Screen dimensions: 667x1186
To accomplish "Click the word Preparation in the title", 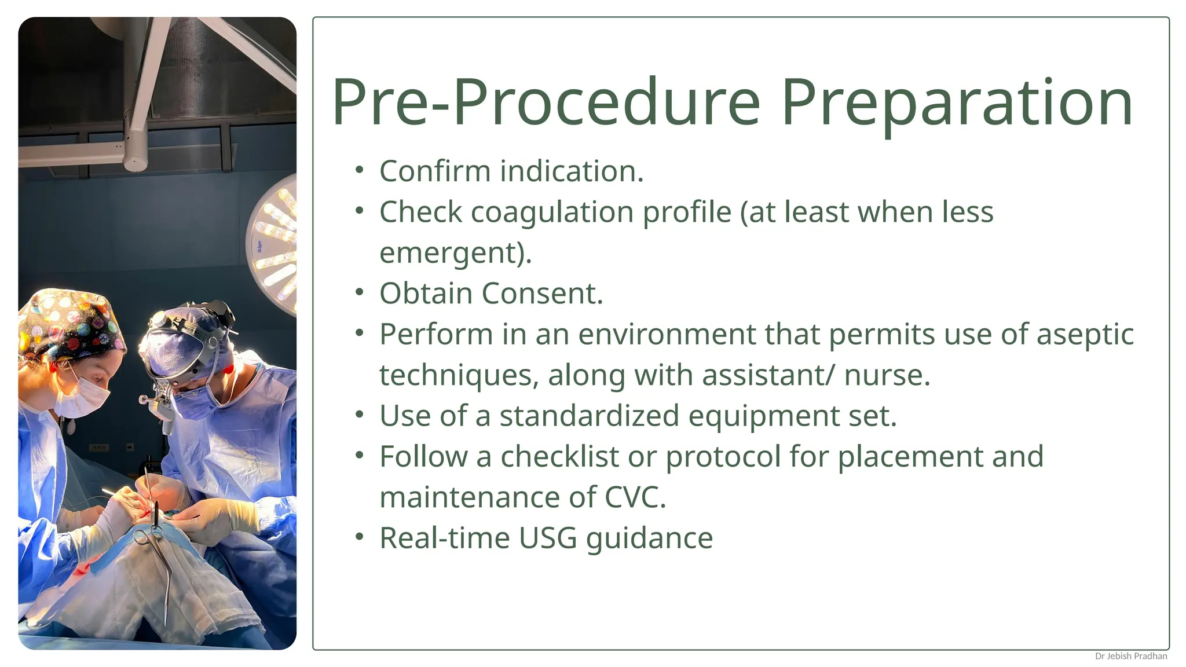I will (957, 103).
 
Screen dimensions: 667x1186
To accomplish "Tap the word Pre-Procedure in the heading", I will (546, 103).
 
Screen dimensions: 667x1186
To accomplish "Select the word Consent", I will (542, 294).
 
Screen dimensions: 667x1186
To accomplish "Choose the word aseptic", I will (1085, 335).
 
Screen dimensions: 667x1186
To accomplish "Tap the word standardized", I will (589, 416).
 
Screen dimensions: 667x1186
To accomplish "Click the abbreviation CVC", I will (634, 498).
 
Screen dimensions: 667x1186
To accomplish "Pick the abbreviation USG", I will (547, 538).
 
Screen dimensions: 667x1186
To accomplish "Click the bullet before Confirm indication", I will (360, 171).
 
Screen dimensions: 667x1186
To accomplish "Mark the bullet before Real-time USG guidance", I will (360, 537).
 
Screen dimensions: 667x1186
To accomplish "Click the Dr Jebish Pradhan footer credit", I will (1130, 656).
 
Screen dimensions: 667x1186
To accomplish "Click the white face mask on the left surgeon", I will (84, 397).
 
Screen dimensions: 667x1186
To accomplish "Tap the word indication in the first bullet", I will (572, 171).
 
